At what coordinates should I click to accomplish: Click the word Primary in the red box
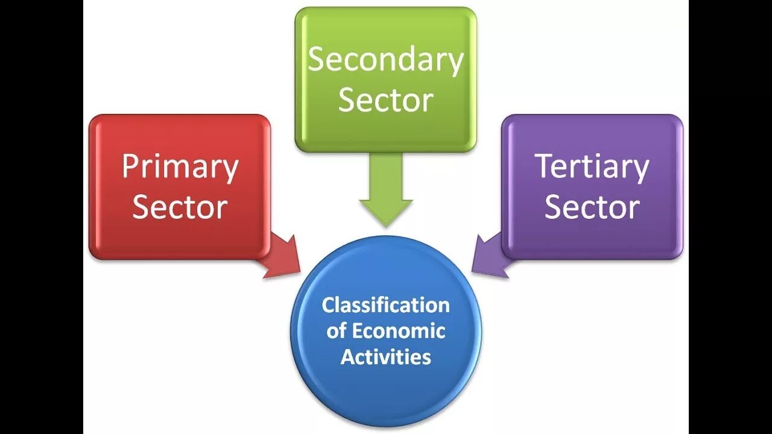(180, 167)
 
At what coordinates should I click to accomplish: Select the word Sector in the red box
(180, 207)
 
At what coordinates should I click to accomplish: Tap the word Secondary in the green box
(385, 60)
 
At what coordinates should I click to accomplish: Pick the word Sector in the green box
(385, 100)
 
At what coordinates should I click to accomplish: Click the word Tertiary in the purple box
(592, 167)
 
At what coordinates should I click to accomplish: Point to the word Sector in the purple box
(592, 207)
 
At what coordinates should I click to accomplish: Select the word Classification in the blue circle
(385, 305)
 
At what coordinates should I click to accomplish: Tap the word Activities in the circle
(385, 356)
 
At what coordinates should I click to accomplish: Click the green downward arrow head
(386, 211)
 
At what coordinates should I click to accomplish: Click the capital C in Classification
(327, 305)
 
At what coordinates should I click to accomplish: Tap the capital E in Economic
(357, 331)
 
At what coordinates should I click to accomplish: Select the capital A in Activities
(347, 356)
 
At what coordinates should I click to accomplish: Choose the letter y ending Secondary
(455, 63)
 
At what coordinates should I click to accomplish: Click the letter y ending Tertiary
(641, 170)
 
